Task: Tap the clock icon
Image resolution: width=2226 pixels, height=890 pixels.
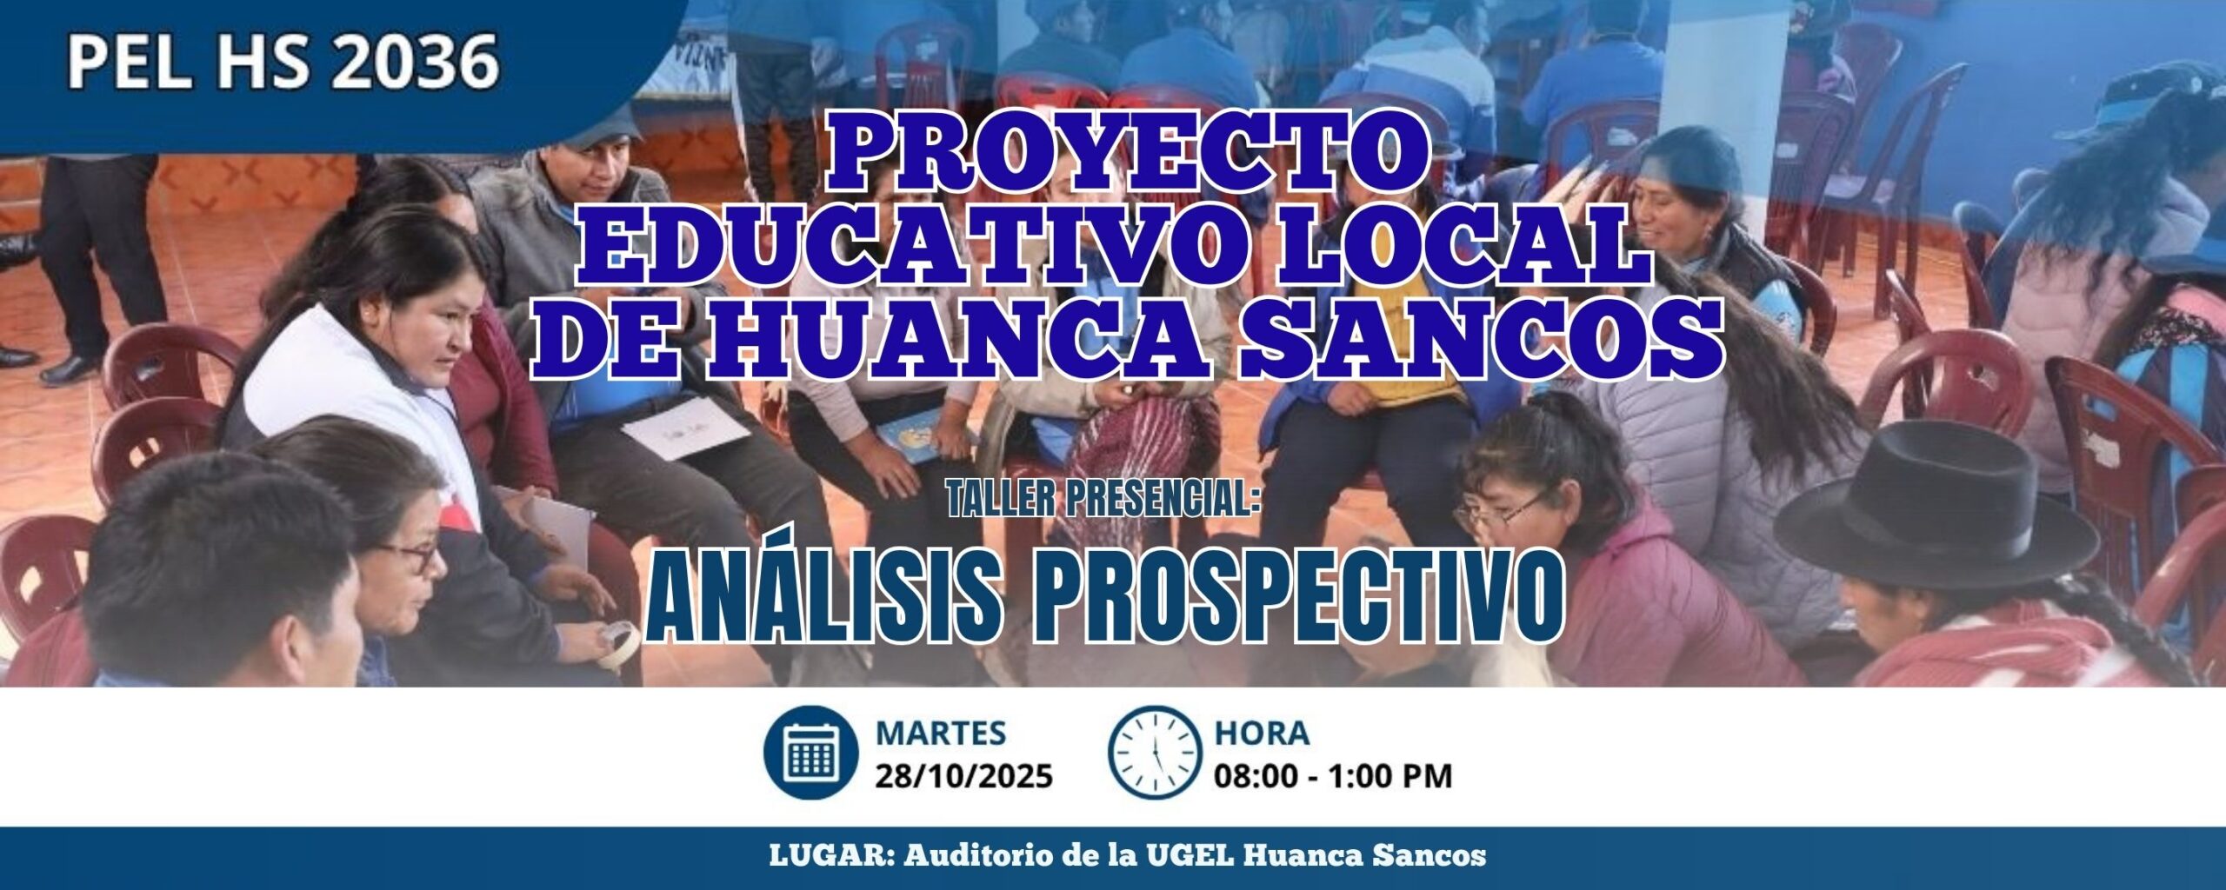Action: click(1155, 752)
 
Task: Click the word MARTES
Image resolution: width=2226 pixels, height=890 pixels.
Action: click(940, 733)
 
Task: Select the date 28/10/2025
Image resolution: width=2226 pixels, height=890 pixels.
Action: click(963, 775)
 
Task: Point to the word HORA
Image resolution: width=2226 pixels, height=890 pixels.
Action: click(1262, 733)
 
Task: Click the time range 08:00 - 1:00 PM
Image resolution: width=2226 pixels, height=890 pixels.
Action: click(1333, 775)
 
